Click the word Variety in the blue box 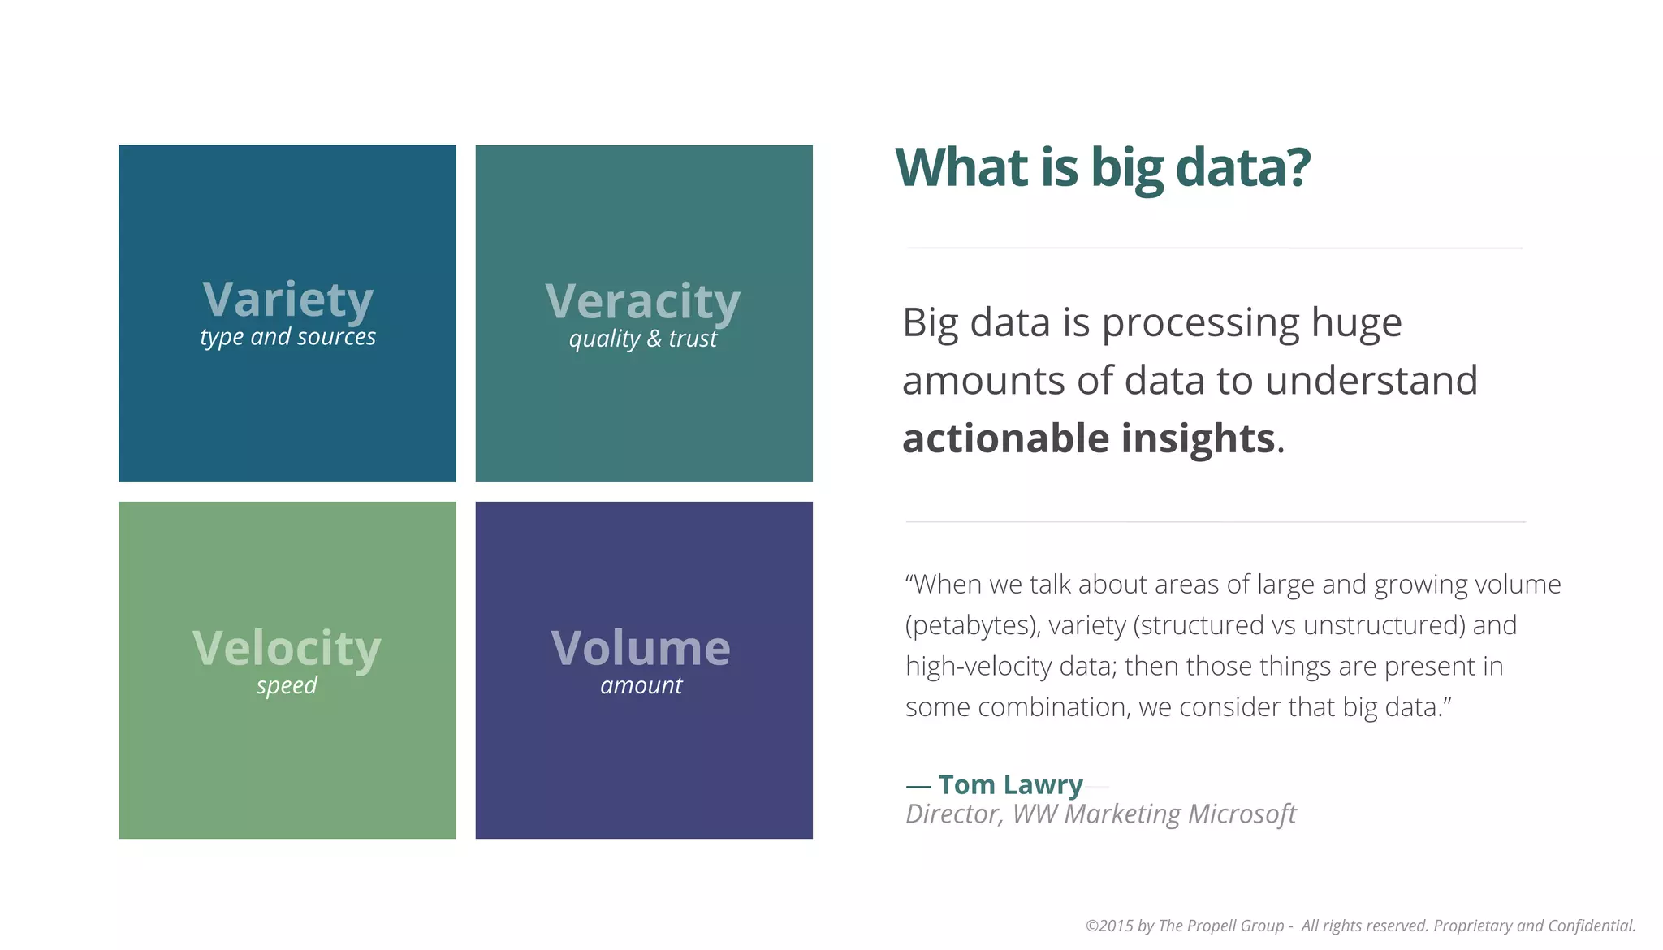click(x=287, y=300)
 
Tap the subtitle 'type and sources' click(x=287, y=337)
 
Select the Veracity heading click(x=642, y=302)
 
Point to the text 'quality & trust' click(x=642, y=339)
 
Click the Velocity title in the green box click(x=287, y=648)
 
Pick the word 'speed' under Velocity click(x=287, y=686)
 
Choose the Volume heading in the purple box click(x=641, y=648)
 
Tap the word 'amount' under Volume click(x=641, y=686)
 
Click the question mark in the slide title click(x=1297, y=167)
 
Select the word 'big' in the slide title click(x=1127, y=169)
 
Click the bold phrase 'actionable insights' click(x=1088, y=438)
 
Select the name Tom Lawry click(x=1010, y=785)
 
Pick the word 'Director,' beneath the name click(x=954, y=814)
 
